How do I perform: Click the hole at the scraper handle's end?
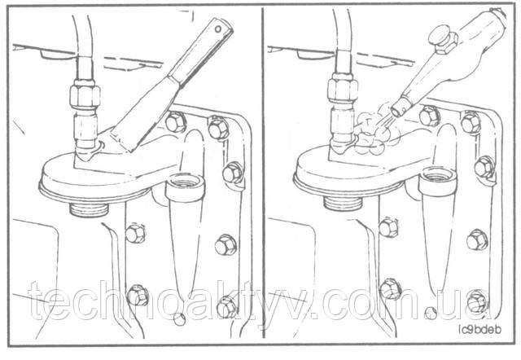(217, 29)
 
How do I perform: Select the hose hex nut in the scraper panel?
(85, 95)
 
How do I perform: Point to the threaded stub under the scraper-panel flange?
(89, 209)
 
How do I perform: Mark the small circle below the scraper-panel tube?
(180, 319)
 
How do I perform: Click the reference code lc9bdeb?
(479, 329)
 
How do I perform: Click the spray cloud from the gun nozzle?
(372, 132)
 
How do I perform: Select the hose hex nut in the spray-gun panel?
(343, 90)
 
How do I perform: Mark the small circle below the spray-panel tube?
(431, 313)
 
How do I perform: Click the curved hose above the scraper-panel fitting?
(81, 37)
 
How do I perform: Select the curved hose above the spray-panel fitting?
(342, 33)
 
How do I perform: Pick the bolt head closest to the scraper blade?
(175, 122)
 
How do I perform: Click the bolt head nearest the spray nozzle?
(429, 116)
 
